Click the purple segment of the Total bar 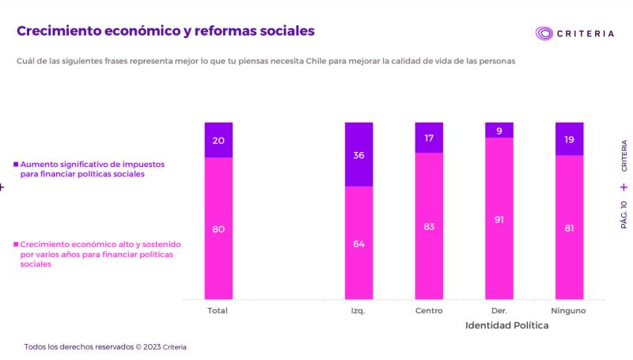pos(218,141)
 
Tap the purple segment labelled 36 pos(358,155)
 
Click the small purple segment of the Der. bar pos(499,131)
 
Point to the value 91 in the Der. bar pos(499,219)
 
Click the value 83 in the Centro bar pos(429,226)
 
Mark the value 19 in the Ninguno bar pos(569,139)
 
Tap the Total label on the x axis pos(218,311)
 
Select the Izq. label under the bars pos(358,311)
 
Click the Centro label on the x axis pos(429,311)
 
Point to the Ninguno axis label pos(569,311)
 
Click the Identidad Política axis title pos(507,326)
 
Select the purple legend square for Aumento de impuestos pos(16,164)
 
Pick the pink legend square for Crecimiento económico pos(16,246)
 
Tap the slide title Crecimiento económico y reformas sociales pos(165,31)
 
